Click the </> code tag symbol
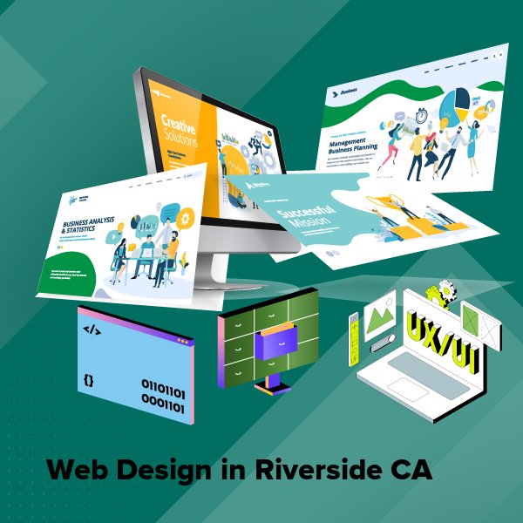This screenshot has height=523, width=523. point(91,330)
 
